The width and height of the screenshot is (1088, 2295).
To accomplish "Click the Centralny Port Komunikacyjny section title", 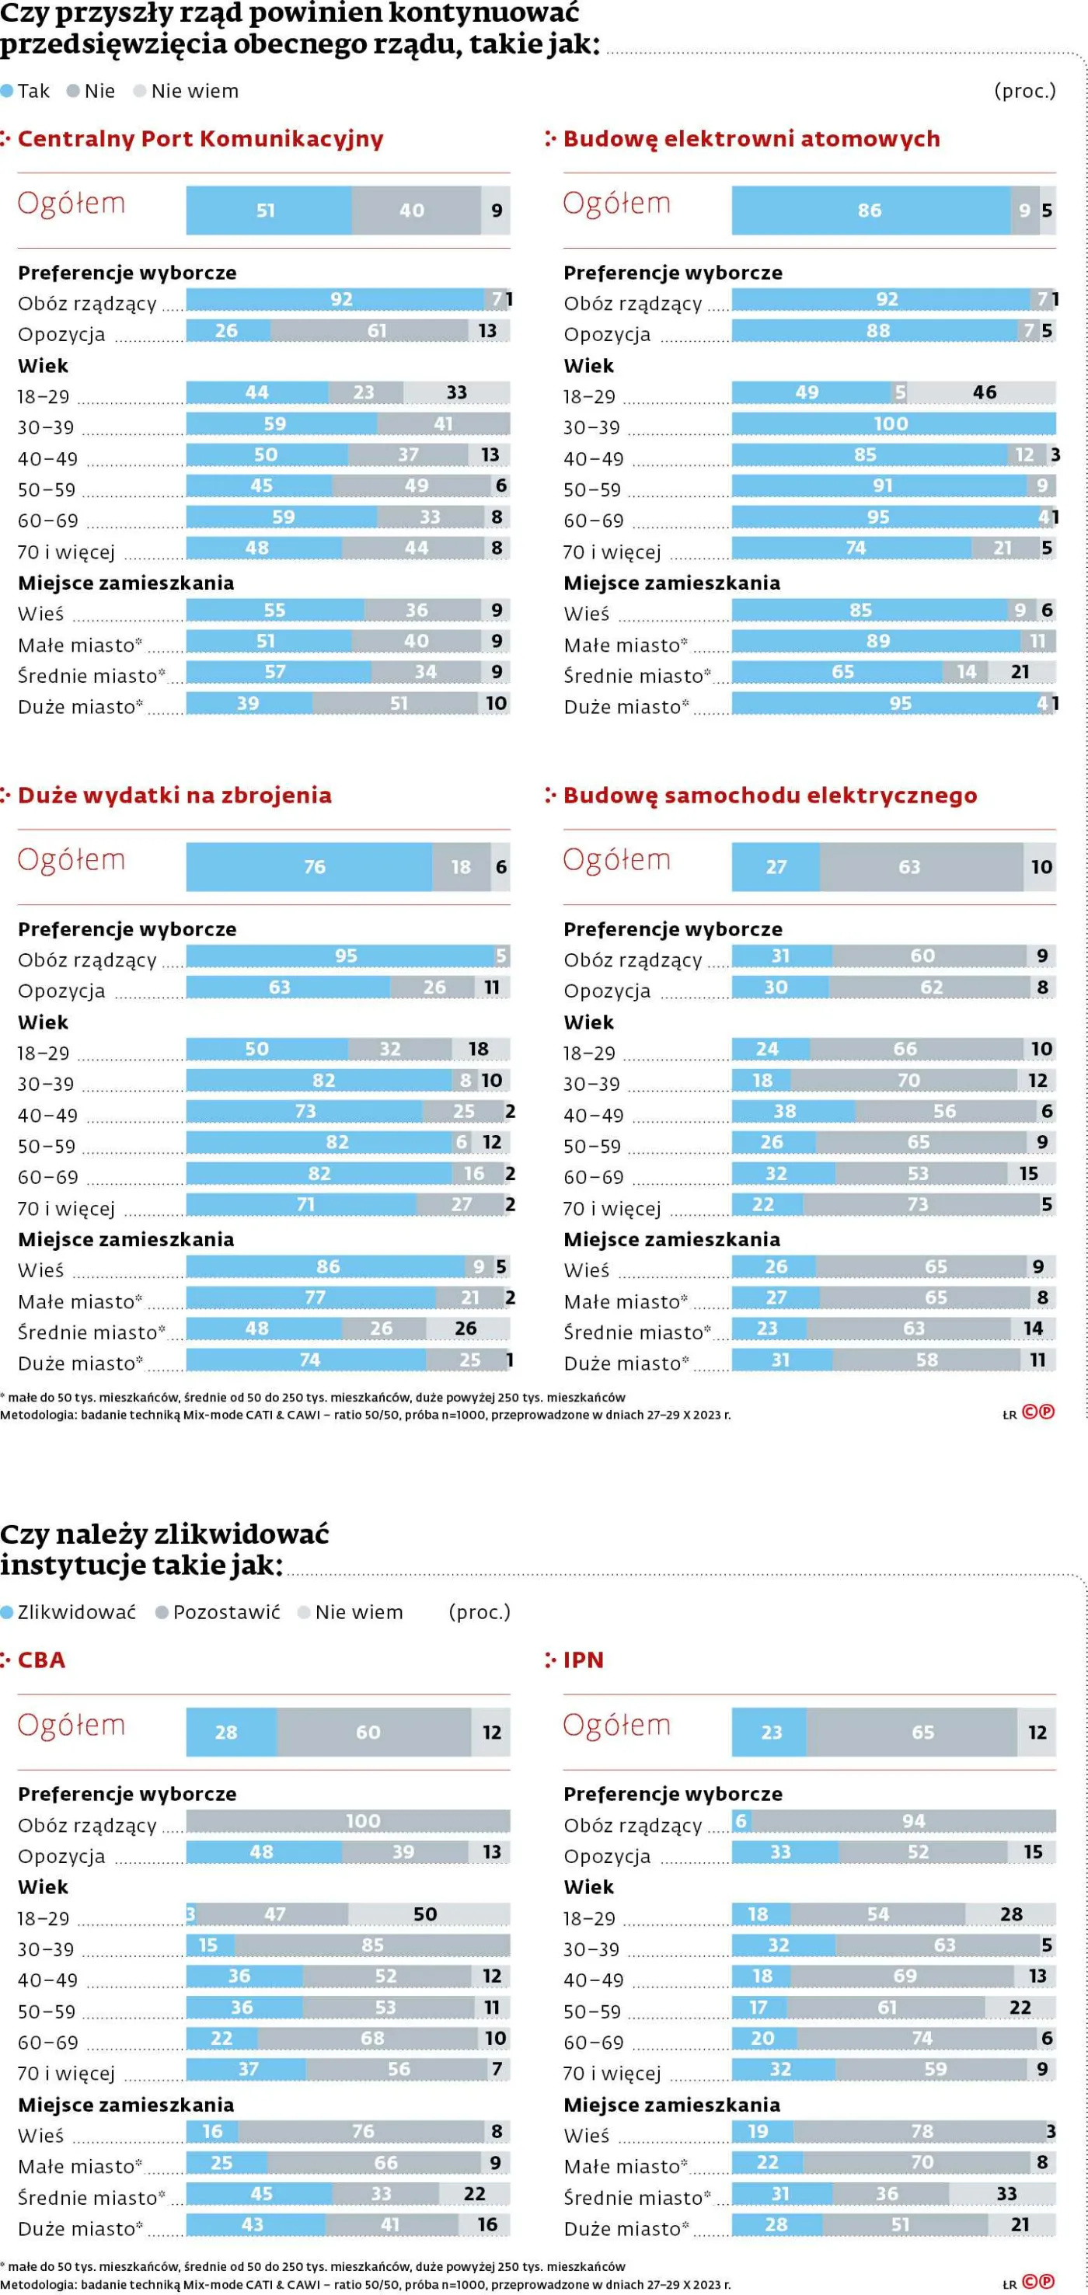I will (201, 139).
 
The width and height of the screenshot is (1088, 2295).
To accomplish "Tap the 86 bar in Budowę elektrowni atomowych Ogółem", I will (870, 211).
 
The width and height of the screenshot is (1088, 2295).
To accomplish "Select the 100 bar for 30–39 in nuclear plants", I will (893, 423).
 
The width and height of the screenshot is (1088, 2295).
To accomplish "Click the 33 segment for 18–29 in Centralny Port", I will (456, 392).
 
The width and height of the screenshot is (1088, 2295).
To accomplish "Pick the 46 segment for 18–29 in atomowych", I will (984, 392).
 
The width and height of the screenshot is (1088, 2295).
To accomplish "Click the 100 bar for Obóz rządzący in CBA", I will (348, 1821).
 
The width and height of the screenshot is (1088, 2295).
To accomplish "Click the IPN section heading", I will (583, 1659).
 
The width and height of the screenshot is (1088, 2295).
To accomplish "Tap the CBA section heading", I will (41, 1659).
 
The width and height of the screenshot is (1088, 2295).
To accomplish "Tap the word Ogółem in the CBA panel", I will (71, 1725).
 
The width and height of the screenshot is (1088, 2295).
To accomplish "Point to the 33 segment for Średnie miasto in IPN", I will (1003, 2193).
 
